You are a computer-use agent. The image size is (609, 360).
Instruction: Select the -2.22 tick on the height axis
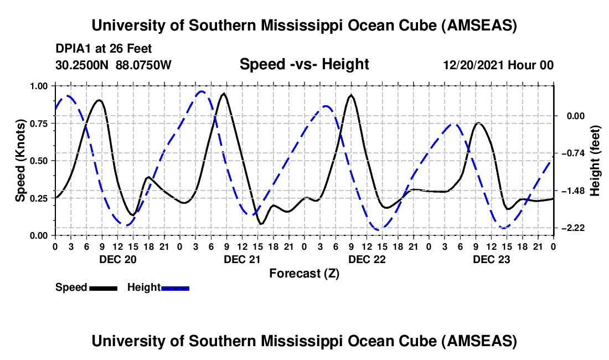point(574,228)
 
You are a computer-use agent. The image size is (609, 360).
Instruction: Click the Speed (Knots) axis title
point(20,161)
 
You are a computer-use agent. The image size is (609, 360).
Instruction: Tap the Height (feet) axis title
point(595,161)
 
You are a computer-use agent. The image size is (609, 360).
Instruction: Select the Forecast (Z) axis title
point(304,273)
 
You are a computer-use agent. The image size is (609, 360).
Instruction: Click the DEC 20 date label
point(117,259)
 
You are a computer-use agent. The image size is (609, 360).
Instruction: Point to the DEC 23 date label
point(491,259)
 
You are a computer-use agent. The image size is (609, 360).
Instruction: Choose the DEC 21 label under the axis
point(241,259)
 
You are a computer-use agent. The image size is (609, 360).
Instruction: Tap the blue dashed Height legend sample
point(176,287)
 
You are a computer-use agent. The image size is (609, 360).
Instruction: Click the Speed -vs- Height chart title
point(304,64)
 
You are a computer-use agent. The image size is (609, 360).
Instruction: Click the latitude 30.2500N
point(83,65)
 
